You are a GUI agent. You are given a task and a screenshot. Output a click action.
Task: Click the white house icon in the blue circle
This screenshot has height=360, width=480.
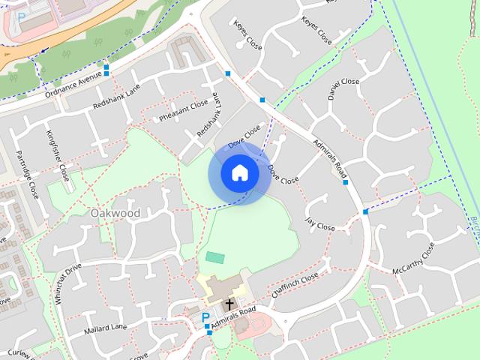pos(239,172)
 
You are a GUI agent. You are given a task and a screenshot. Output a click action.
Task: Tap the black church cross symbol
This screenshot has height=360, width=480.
pos(229,304)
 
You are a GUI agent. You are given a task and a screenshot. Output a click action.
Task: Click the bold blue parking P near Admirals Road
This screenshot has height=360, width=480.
pos(205,318)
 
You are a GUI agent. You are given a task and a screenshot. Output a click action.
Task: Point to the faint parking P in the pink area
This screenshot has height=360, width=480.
pos(21,16)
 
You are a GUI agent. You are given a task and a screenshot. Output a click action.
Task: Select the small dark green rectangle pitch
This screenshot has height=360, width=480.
pos(215,257)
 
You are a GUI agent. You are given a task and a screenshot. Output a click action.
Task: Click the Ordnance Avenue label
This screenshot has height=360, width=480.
pos(73,85)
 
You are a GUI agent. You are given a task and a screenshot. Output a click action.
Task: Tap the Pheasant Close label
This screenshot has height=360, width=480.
pos(183,111)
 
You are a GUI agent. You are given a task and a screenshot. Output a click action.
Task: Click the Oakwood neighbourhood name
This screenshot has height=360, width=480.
pos(115,213)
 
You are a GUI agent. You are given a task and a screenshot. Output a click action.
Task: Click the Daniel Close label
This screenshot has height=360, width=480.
pos(343,89)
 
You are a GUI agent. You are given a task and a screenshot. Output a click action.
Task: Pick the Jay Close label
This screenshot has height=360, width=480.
pos(320,223)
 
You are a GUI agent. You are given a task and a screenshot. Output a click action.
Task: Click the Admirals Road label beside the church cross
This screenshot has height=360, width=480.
pos(233,315)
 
